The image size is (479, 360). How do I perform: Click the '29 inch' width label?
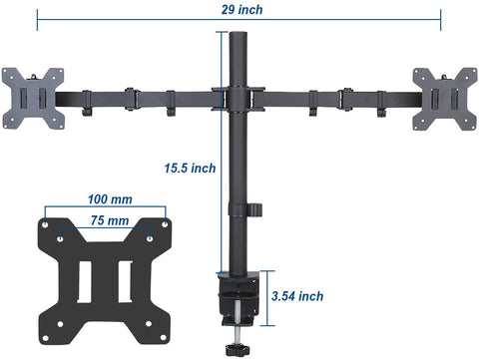click(241, 9)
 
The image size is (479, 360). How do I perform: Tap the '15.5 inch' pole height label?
click(190, 168)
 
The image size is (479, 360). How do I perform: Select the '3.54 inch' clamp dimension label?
click(297, 296)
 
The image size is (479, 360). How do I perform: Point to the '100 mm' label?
click(110, 199)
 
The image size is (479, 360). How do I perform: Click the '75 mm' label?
click(110, 220)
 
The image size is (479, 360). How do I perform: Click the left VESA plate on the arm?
click(33, 99)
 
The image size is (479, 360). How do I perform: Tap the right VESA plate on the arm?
click(445, 99)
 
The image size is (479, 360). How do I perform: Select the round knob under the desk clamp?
click(238, 350)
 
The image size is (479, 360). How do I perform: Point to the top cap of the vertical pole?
click(239, 34)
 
